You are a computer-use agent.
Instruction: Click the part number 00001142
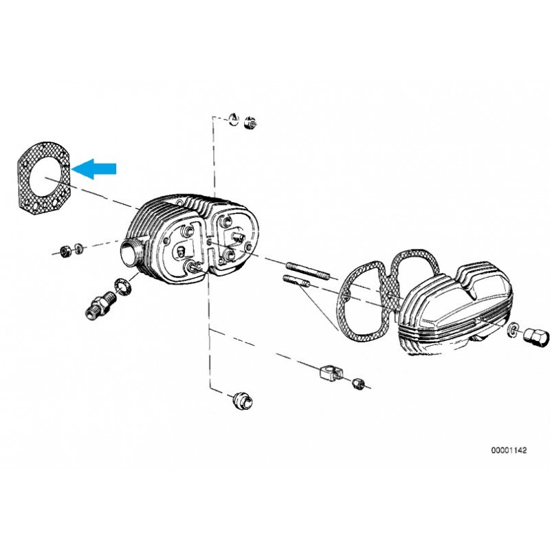(509, 450)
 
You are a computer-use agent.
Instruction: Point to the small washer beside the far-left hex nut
(79, 247)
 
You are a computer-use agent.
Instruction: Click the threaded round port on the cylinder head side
(131, 251)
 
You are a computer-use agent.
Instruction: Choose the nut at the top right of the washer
(250, 124)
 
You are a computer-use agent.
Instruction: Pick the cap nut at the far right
(535, 336)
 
